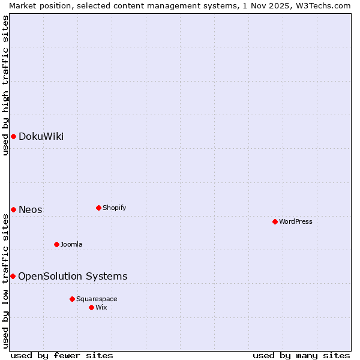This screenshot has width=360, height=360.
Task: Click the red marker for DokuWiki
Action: click(x=13, y=136)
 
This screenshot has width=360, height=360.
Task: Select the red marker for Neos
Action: click(x=13, y=209)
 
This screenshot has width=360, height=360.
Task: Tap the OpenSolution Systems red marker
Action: click(x=13, y=276)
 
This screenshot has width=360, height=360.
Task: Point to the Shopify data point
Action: click(x=98, y=208)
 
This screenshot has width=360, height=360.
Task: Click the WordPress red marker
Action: click(x=275, y=221)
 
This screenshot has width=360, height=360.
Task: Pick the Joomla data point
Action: click(x=56, y=244)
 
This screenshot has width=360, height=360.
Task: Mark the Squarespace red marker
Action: click(x=72, y=299)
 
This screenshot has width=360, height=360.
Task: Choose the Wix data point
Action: click(x=91, y=307)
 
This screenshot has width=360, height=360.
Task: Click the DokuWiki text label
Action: click(x=41, y=136)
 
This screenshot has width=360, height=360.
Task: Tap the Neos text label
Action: click(x=31, y=209)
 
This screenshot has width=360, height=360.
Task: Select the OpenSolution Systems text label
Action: click(x=73, y=276)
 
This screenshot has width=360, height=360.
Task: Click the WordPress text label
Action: click(x=296, y=221)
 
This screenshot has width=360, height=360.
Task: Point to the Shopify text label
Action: click(x=115, y=208)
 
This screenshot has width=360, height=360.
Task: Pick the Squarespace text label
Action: click(x=97, y=299)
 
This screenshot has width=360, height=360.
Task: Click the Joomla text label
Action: click(x=71, y=244)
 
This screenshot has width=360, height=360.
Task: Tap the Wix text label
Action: click(x=101, y=307)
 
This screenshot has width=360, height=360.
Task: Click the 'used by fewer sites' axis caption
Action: click(x=62, y=355)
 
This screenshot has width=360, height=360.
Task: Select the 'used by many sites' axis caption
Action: click(x=301, y=355)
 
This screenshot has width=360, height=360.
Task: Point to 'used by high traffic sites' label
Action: click(x=5, y=85)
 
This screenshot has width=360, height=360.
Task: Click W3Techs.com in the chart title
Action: click(x=322, y=5)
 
